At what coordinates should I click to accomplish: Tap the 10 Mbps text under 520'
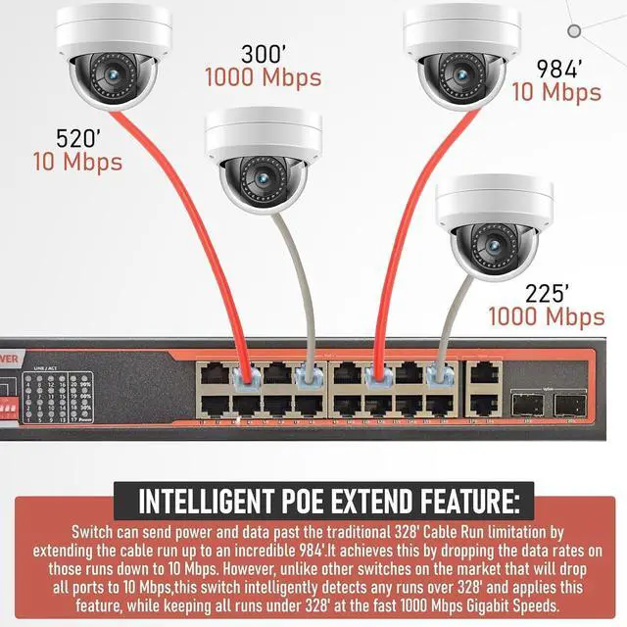[x=78, y=160]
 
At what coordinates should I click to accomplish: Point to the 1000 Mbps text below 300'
[x=263, y=76]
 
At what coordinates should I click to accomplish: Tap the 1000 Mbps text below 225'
[x=547, y=316]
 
